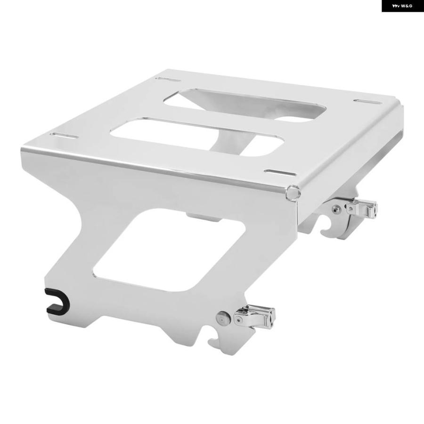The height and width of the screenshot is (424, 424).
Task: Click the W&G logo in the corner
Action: pos(402,6)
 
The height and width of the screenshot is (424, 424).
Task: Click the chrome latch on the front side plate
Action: pos(255,317)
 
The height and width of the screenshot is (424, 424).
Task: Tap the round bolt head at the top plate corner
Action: pos(293,192)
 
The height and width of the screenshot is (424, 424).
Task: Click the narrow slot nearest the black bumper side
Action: pos(65,135)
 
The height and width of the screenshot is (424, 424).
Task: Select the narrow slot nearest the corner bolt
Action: pos(280,173)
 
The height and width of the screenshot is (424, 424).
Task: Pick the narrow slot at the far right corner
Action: pos(367,102)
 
